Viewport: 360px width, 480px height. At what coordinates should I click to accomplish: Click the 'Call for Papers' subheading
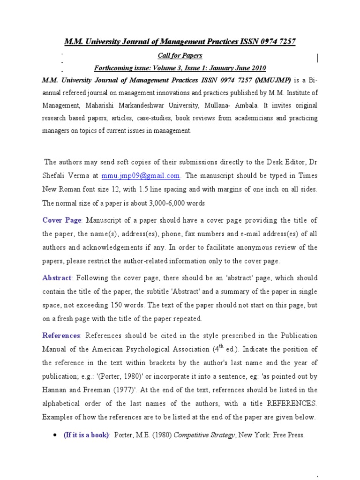[x=180, y=55]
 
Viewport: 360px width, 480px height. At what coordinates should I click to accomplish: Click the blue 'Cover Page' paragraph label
[x=62, y=220]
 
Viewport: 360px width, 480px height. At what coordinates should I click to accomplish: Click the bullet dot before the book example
[x=55, y=435]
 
